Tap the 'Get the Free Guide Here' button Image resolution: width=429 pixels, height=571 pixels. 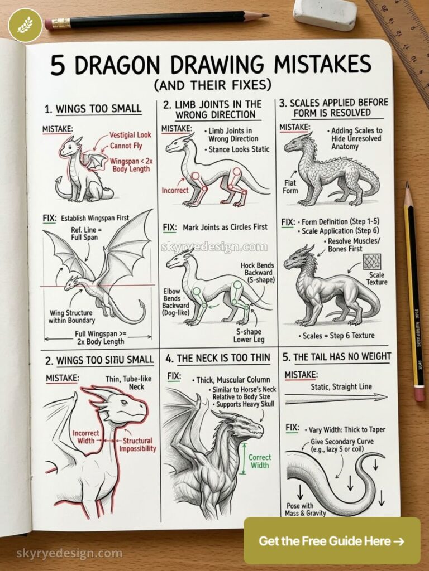(x=332, y=540)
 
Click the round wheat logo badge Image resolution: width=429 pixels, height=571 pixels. (x=25, y=25)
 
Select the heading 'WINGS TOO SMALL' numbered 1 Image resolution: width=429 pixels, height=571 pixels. (x=92, y=108)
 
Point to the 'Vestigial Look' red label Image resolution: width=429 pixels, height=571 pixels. (x=130, y=135)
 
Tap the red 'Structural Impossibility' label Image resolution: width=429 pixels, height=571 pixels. (x=139, y=444)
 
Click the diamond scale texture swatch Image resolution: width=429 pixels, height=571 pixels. (x=371, y=262)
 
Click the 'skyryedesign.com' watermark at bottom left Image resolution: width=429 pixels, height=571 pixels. (x=61, y=553)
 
